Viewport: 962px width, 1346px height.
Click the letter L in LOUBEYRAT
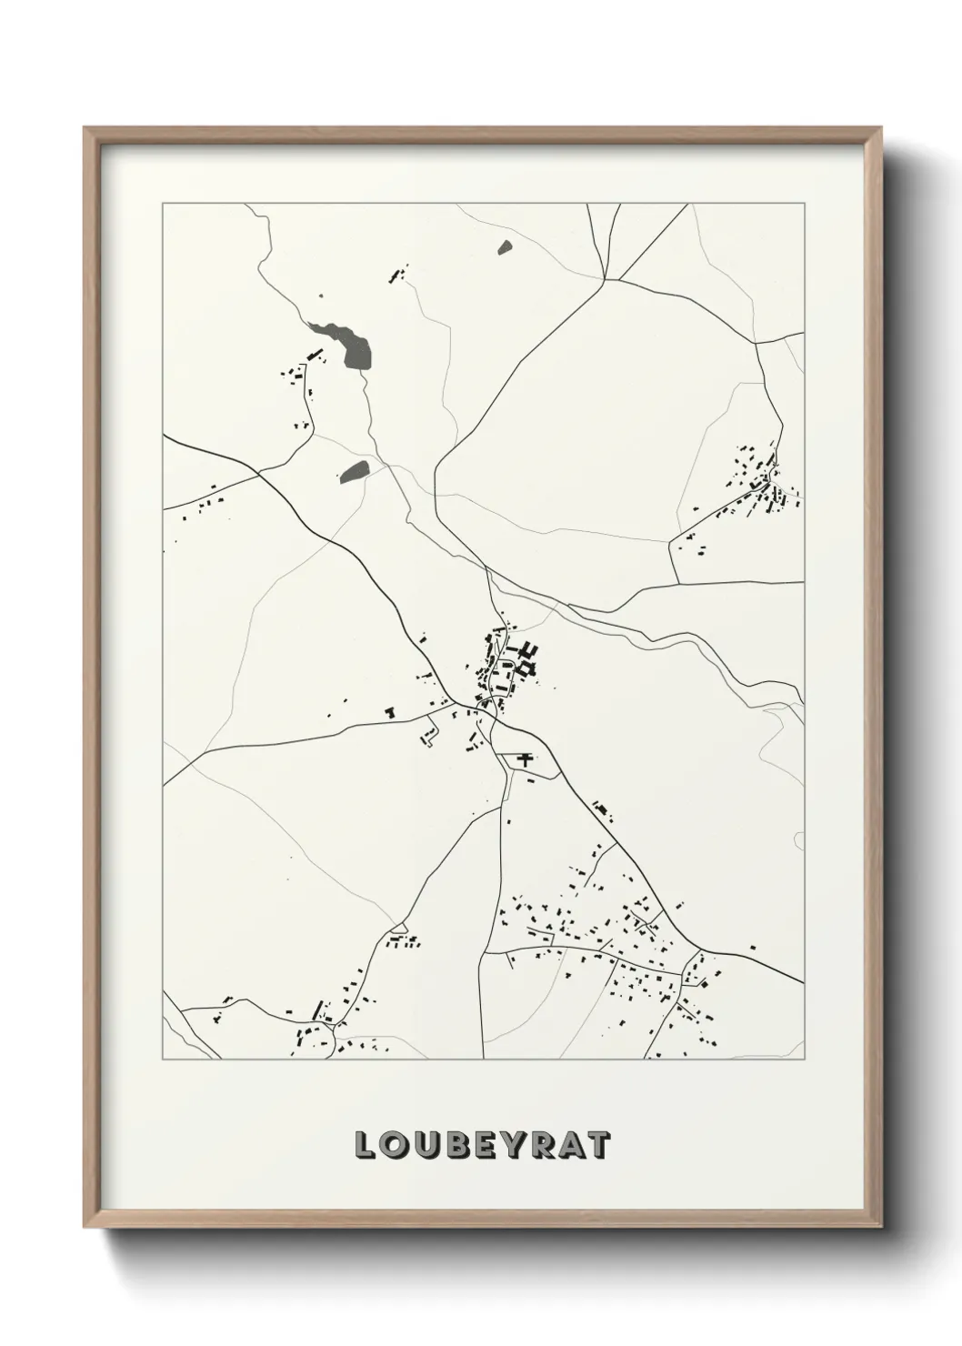(366, 1147)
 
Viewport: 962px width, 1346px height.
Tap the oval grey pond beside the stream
(354, 471)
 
